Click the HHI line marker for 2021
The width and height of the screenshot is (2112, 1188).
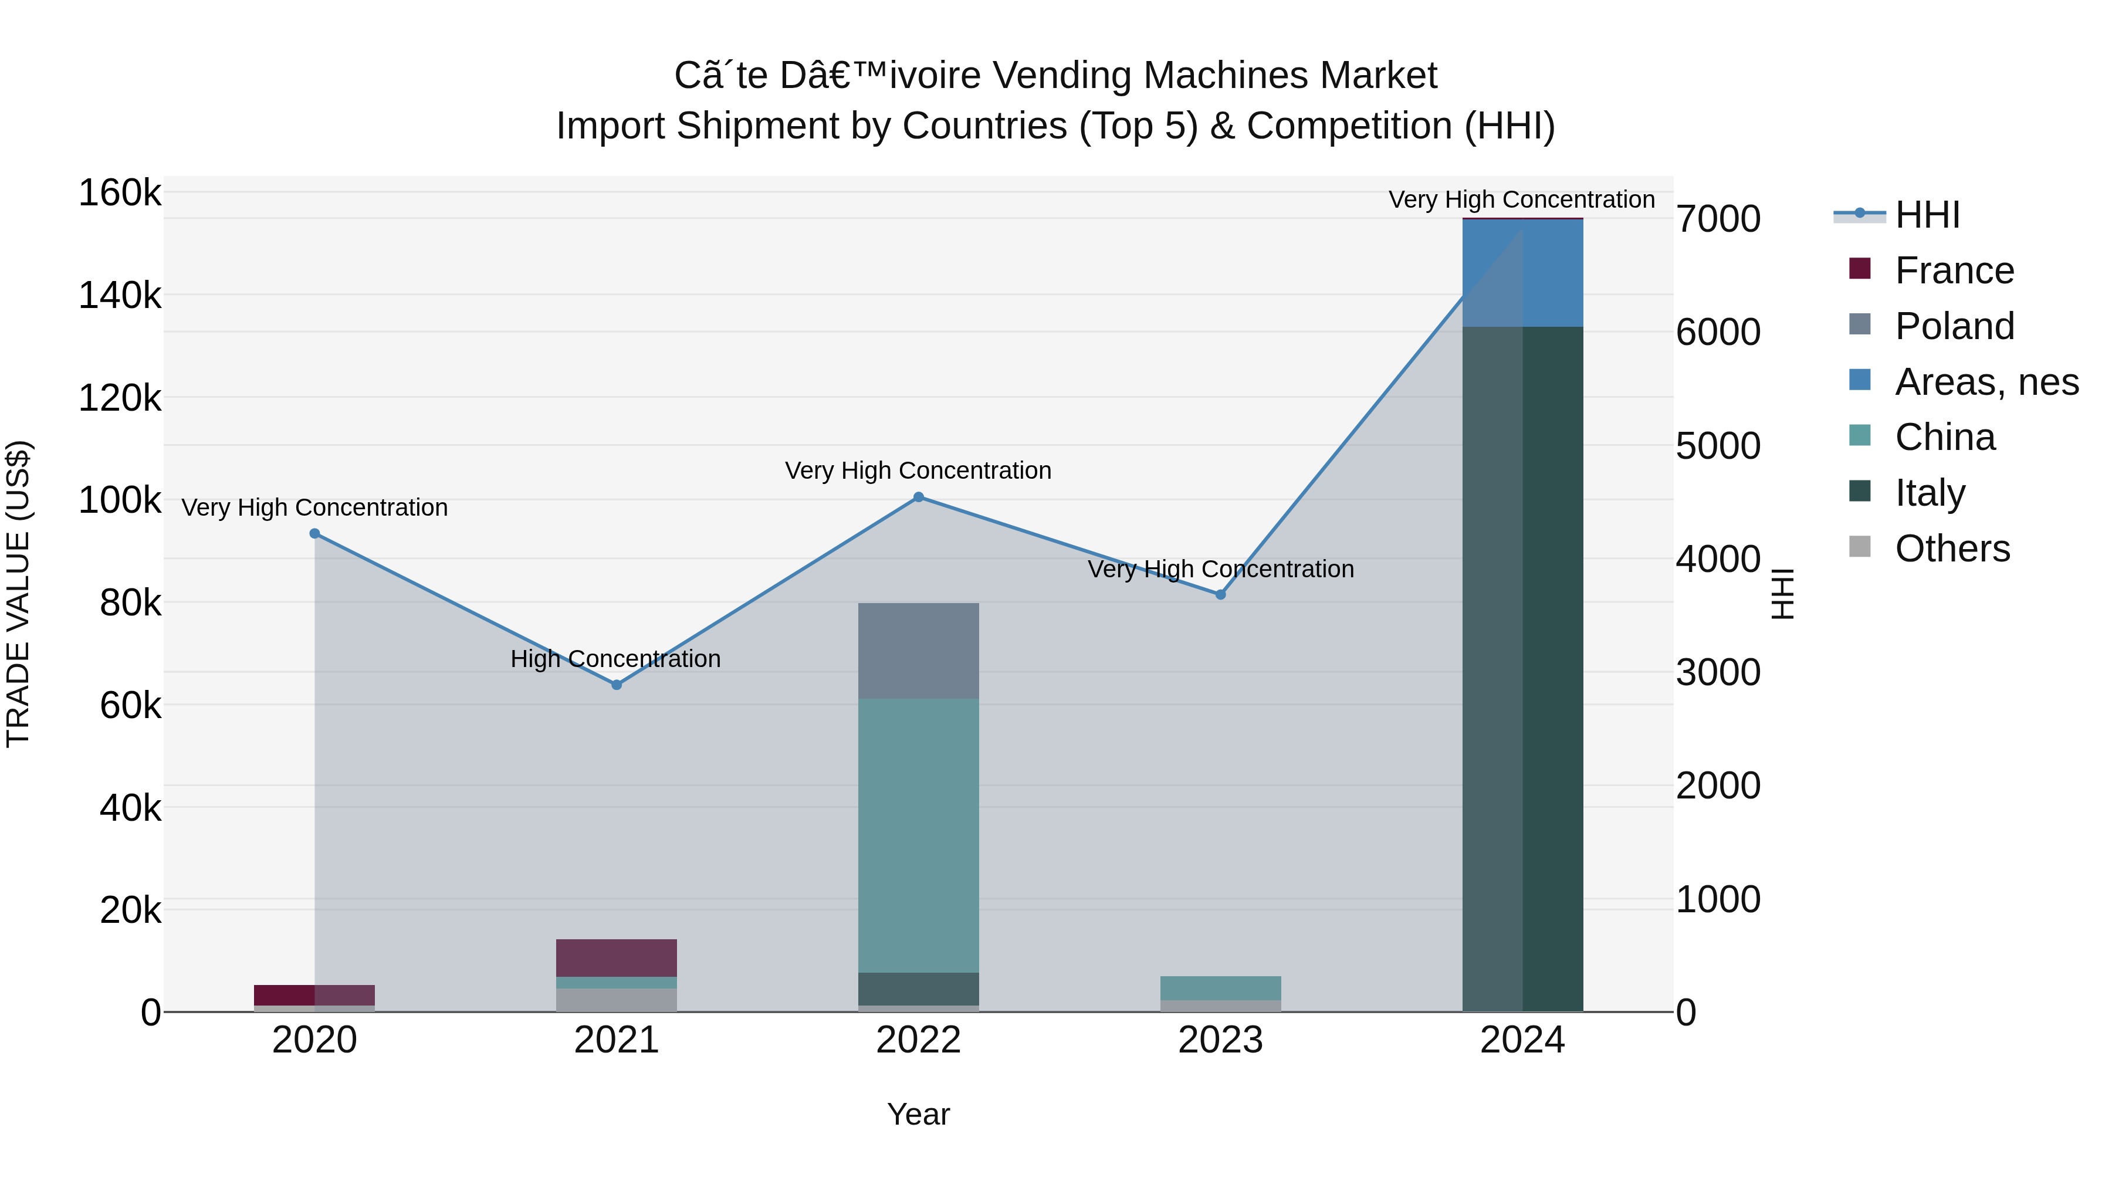coord(617,685)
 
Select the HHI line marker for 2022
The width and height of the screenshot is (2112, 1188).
coord(918,497)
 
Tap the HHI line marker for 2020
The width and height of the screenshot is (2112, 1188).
coord(315,534)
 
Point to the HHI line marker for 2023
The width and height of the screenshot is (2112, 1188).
coord(1220,594)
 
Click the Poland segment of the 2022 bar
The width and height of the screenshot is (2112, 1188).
coord(918,651)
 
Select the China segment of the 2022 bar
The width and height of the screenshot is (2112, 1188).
coord(918,835)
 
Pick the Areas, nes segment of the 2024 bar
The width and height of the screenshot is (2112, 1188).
coord(1522,273)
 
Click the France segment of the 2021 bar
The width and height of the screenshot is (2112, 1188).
coord(617,957)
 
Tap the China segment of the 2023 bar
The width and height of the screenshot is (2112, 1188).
coord(1220,988)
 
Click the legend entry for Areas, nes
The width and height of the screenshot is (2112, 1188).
coord(1986,382)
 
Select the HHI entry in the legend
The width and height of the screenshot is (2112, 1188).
coord(1927,215)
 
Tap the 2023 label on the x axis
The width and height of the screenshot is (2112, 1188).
coord(1220,1040)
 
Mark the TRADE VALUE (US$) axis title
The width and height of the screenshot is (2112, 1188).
coord(18,594)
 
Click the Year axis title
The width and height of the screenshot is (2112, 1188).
coord(918,1114)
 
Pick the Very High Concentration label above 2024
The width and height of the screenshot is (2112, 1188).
coord(1522,199)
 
